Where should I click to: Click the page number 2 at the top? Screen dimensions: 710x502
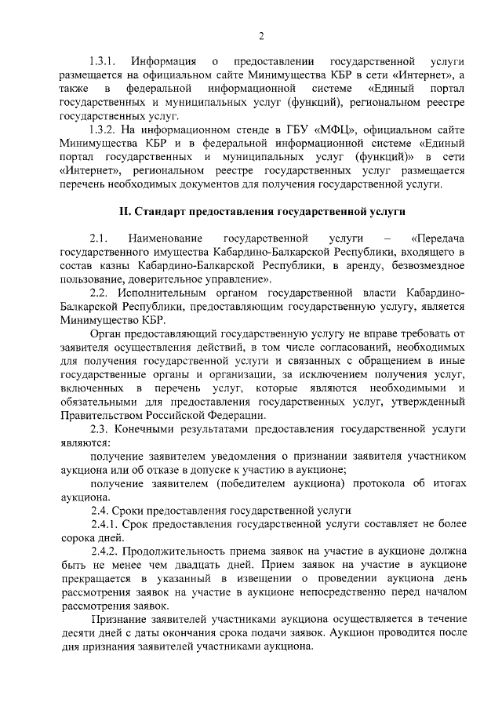tap(261, 35)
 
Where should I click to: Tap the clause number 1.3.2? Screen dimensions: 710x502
tap(102, 128)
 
